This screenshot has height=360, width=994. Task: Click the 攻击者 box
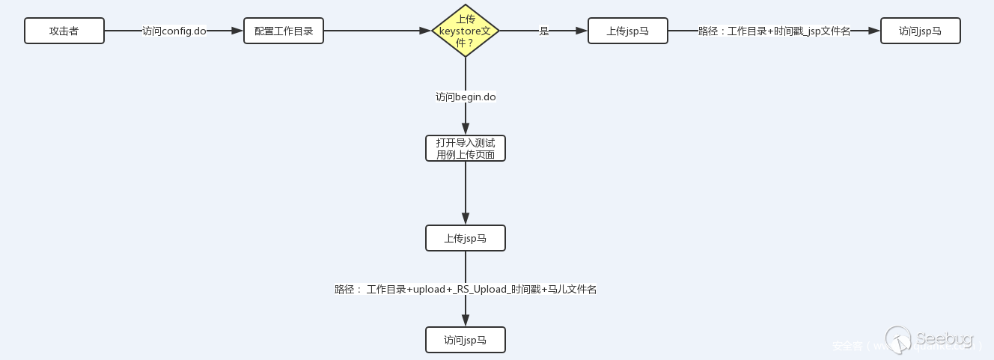tap(64, 31)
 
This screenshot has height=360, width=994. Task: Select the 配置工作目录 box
tap(284, 31)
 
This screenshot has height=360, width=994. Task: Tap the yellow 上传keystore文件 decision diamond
tap(466, 31)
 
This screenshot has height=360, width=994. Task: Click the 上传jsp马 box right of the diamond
tap(627, 31)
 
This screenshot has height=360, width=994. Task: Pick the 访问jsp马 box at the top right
tap(920, 31)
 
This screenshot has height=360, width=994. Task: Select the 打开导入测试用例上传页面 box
tap(466, 148)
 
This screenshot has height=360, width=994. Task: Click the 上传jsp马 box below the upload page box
tap(466, 238)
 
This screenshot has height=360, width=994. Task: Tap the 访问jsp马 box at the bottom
tap(466, 340)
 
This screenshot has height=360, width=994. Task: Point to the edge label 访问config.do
tap(174, 31)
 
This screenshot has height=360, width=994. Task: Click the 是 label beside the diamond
tap(544, 31)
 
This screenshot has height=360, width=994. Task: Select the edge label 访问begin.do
tap(466, 97)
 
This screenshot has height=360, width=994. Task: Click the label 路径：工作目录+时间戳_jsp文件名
tap(774, 31)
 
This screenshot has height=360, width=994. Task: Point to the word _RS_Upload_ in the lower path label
tap(481, 289)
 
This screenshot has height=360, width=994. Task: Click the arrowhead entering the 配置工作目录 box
tap(238, 31)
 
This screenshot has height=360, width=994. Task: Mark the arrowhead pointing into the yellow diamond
tap(426, 31)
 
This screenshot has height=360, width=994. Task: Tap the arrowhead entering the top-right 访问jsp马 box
tap(874, 31)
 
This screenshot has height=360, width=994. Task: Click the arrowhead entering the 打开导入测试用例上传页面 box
tap(466, 129)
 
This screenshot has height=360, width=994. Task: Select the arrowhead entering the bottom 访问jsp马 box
tap(466, 321)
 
